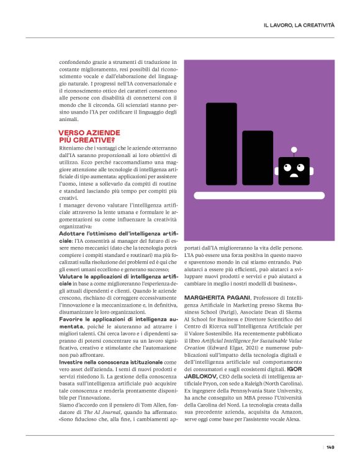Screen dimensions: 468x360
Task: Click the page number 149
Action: point(331,447)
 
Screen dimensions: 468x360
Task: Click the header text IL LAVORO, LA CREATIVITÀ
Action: point(299,25)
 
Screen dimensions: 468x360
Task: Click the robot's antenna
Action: point(294,150)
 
